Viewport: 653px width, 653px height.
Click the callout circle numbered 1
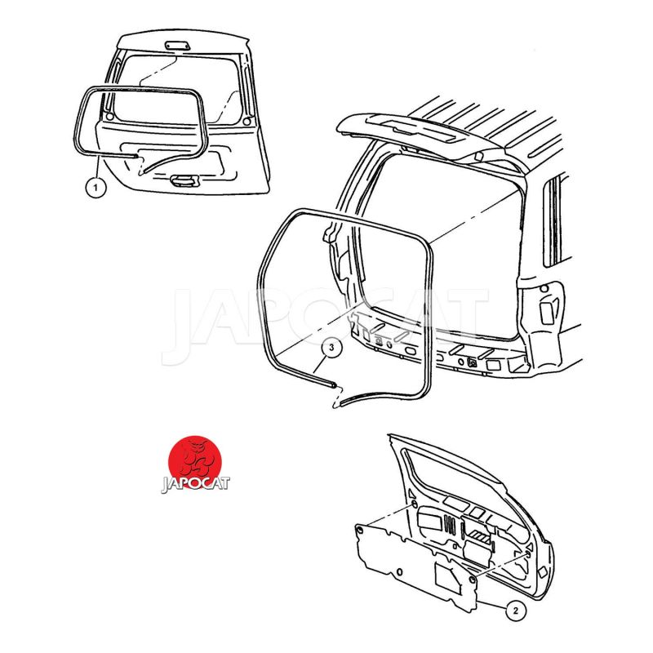96,188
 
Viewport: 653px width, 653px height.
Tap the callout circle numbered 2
516,611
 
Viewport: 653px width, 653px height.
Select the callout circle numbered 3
331,348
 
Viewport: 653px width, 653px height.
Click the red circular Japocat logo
194,461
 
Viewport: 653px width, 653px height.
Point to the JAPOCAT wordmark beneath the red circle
195,484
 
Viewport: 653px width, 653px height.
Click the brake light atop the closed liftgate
178,46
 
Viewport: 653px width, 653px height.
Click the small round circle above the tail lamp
544,288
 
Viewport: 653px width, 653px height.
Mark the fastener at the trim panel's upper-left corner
359,529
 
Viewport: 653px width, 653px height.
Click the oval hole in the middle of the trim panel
400,571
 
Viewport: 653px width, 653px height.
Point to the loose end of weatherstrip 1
135,156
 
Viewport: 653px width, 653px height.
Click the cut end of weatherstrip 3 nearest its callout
333,385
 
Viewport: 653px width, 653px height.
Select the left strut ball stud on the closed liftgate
109,116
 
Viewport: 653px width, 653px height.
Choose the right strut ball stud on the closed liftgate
247,121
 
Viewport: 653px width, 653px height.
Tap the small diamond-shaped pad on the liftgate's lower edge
543,572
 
